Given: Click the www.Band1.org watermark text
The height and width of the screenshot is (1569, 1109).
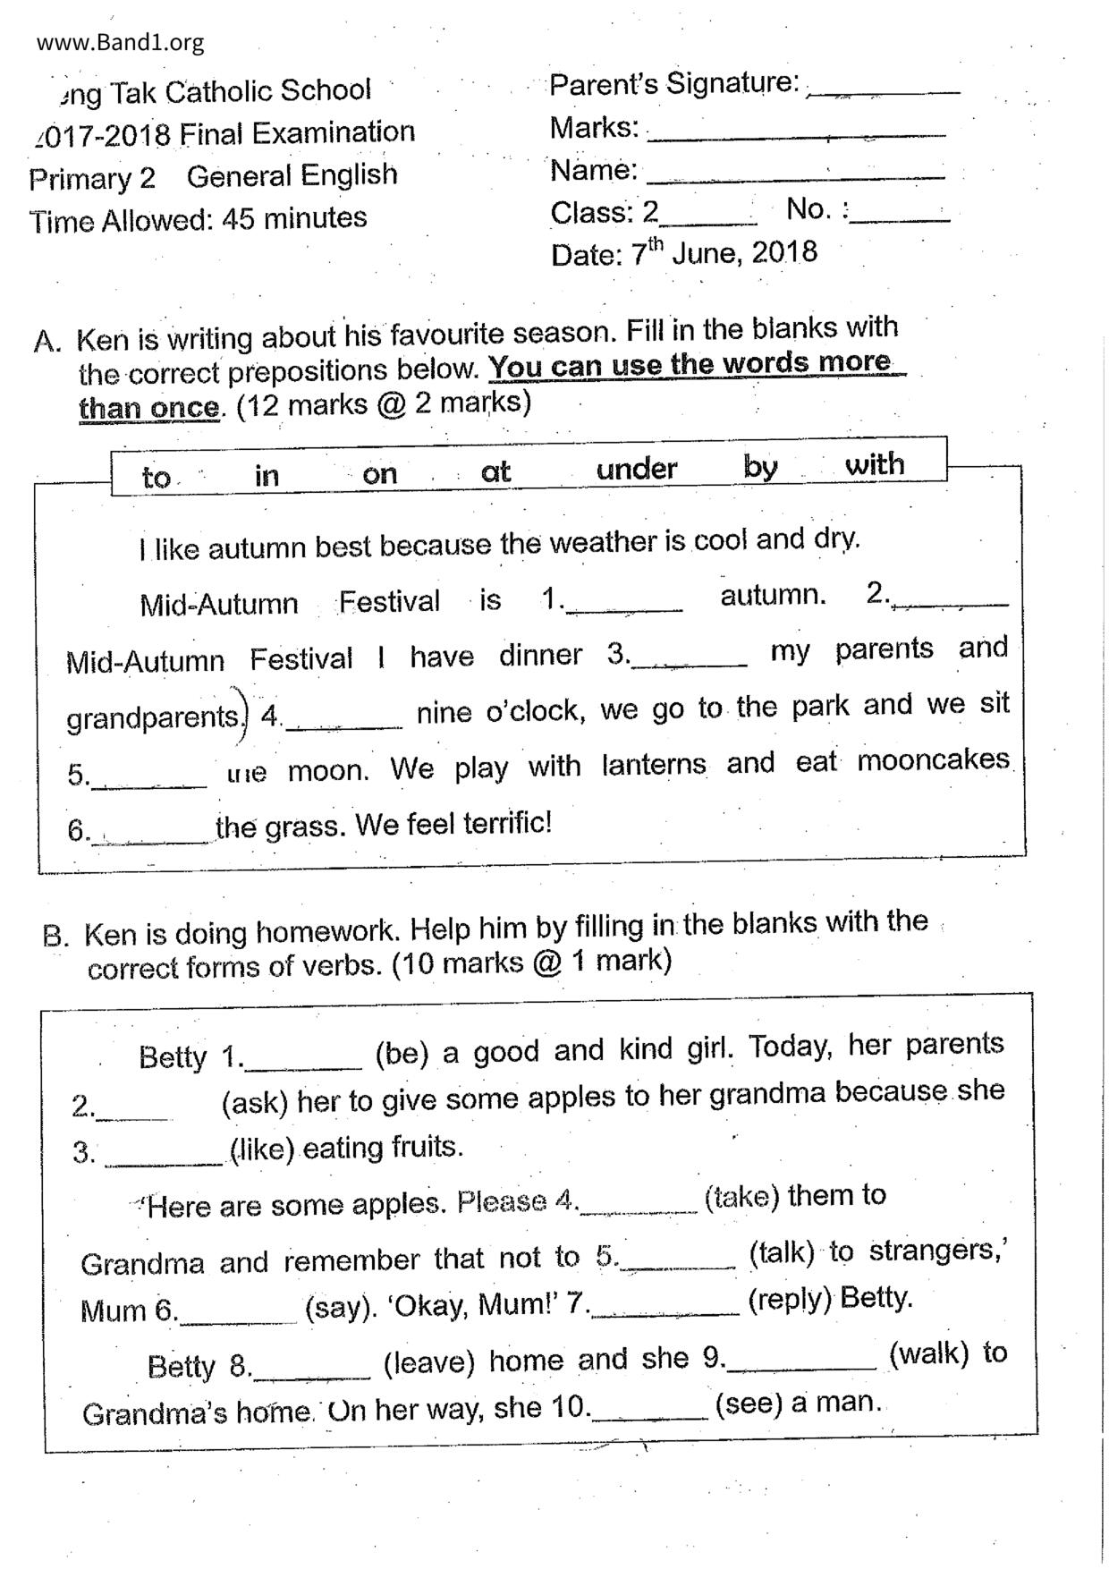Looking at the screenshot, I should [121, 42].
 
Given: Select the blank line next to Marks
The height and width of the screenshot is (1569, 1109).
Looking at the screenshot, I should [796, 134].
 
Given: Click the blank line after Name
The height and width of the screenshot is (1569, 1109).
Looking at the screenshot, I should [795, 176].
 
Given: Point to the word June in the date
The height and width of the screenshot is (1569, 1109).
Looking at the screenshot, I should [706, 253].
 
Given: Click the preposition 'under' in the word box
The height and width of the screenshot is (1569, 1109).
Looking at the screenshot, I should [637, 469].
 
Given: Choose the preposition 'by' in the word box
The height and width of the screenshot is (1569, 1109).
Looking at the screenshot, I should [760, 466].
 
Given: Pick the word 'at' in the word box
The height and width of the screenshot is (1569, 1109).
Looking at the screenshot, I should [495, 471].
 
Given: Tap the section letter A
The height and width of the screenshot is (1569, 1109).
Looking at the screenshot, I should [47, 341].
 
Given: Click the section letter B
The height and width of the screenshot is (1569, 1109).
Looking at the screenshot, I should [55, 936].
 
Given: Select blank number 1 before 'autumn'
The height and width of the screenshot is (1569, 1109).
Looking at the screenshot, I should [624, 606].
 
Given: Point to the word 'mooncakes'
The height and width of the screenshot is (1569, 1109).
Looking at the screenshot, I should [933, 760].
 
